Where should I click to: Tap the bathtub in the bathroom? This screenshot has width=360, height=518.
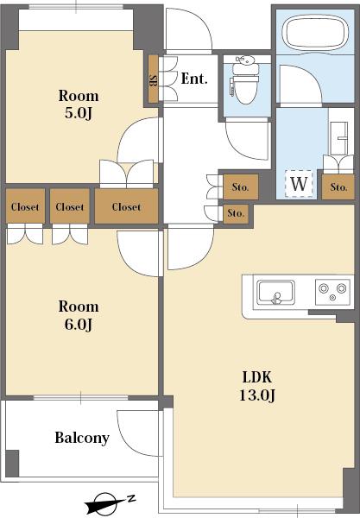pos(315,31)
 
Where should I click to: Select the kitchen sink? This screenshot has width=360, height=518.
pos(275,293)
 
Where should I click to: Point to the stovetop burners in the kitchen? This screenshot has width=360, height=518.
pos(332,292)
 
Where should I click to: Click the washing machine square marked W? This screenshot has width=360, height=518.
pos(299,184)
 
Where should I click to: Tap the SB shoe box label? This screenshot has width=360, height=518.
pos(154,79)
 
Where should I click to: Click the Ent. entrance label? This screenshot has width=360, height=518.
pos(194,79)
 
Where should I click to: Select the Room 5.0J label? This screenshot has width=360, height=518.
pos(79,104)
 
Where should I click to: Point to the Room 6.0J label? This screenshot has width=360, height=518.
pos(79,315)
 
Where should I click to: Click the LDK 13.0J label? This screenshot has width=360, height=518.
pos(257,386)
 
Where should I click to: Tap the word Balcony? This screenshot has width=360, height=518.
pos(82,438)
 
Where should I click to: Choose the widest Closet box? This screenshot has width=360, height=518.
pos(126,206)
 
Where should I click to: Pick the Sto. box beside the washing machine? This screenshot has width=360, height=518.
pos(338,187)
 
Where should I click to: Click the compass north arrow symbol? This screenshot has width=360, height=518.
pos(110,503)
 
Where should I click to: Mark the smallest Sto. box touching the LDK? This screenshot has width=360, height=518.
pos(236,214)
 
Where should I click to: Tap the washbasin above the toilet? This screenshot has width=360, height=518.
pos(244,60)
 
